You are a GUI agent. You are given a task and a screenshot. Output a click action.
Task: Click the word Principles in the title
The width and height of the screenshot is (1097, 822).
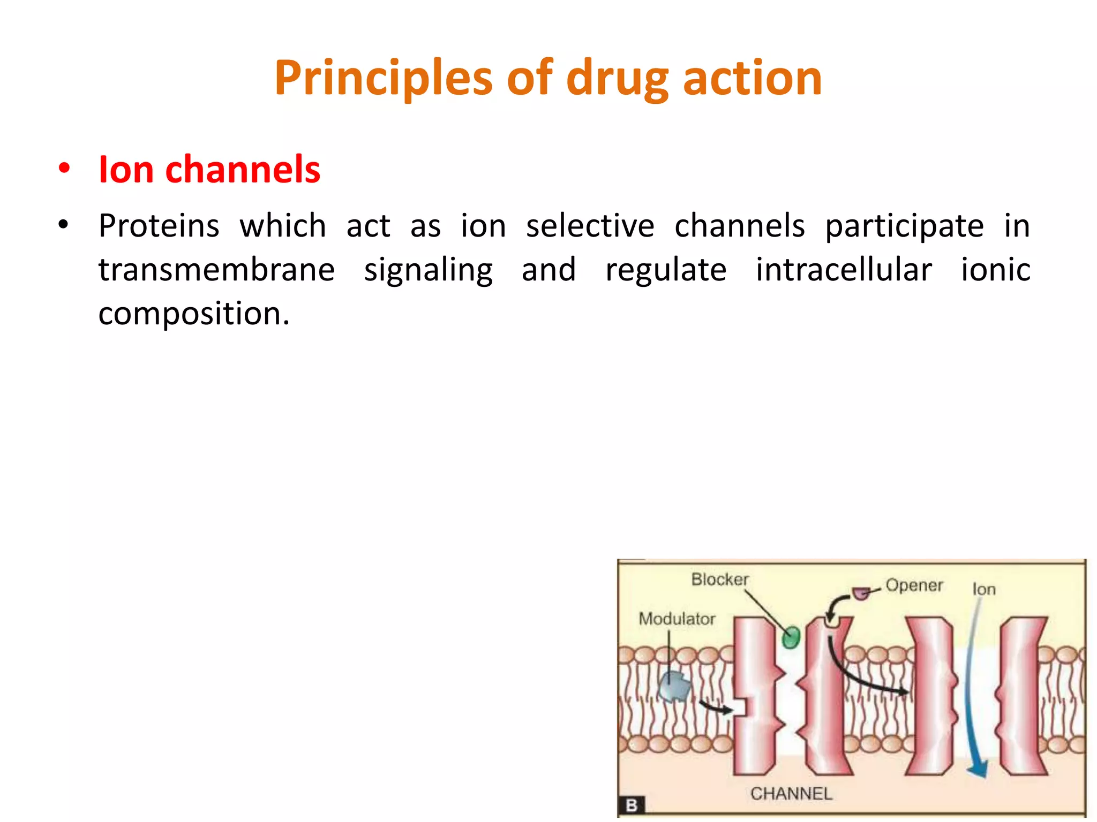[382, 79]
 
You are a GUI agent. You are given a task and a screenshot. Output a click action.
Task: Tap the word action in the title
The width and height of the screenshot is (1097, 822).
[752, 79]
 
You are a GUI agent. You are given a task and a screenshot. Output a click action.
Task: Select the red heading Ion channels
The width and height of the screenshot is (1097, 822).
[209, 170]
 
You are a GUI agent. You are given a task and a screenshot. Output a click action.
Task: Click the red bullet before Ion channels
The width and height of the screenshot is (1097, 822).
[64, 169]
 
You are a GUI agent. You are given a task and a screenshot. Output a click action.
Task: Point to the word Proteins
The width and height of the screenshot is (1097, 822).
[159, 226]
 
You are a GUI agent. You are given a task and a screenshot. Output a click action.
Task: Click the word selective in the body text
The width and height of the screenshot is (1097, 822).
[590, 226]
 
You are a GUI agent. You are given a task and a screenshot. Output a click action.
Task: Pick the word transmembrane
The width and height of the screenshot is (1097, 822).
[216, 269]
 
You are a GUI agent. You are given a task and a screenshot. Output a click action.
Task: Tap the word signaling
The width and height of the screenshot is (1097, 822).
[428, 270]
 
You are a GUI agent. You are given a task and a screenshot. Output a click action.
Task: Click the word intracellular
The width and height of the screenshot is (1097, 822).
[844, 269]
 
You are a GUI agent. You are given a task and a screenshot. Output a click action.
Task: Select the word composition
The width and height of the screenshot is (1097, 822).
[193, 314]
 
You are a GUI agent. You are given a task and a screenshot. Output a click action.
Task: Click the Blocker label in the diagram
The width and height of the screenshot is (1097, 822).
[719, 579]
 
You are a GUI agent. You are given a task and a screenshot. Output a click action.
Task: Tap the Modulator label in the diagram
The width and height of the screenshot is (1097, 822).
[677, 619]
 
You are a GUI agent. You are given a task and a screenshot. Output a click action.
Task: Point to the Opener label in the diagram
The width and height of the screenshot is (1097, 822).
[914, 585]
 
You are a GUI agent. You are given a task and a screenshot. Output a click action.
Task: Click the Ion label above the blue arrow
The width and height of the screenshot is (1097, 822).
[983, 589]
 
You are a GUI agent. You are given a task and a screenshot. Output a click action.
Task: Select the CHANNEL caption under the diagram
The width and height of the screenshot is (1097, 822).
[791, 793]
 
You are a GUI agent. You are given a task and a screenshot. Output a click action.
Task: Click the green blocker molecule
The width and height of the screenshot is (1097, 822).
[791, 637]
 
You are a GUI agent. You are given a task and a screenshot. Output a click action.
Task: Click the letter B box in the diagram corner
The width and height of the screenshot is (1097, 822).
[632, 804]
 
